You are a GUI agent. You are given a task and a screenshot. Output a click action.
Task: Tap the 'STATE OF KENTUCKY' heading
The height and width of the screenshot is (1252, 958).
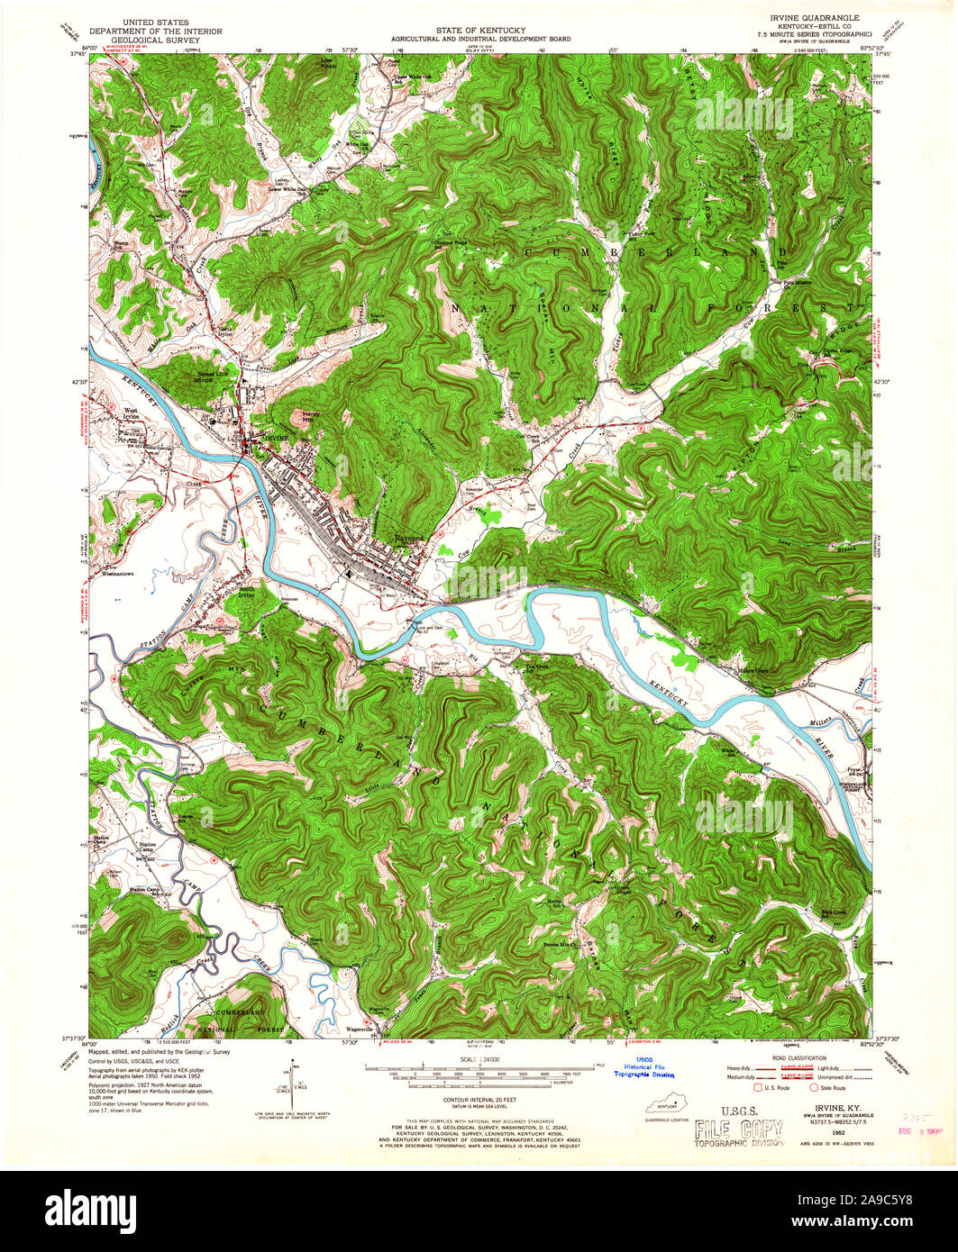pos(479,31)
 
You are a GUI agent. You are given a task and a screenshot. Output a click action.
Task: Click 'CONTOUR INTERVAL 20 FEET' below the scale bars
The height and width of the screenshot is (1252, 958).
pos(479,1100)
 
